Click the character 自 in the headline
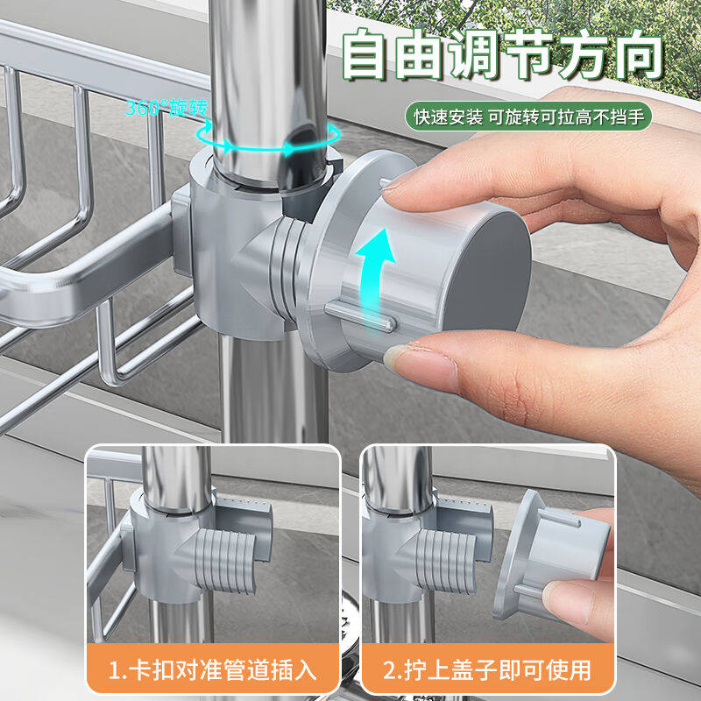click(364, 54)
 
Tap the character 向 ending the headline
click(640, 54)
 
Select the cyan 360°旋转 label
click(166, 108)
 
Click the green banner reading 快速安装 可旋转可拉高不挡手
click(528, 117)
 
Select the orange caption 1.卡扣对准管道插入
click(213, 670)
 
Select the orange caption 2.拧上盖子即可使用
click(488, 670)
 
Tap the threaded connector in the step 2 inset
click(446, 561)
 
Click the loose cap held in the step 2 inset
click(551, 555)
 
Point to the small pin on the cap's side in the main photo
click(360, 316)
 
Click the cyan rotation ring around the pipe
click(268, 138)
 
